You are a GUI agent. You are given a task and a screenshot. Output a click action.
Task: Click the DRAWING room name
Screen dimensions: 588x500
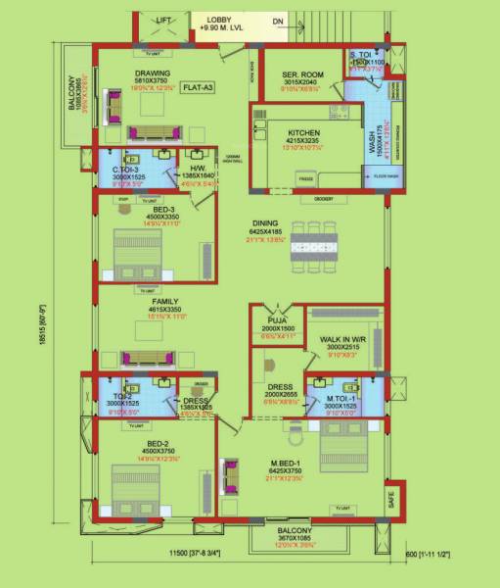click(154, 73)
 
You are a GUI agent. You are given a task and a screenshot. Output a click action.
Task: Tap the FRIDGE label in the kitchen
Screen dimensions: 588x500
click(304, 180)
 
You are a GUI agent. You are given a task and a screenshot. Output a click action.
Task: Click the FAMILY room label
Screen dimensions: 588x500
click(152, 302)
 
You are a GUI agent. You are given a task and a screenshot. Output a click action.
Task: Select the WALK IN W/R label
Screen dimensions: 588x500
click(342, 338)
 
